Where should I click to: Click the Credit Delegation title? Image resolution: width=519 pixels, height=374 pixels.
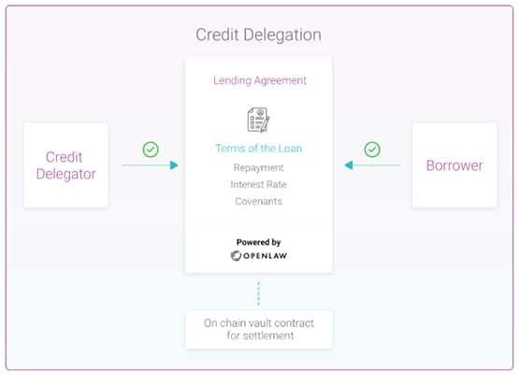click(258, 35)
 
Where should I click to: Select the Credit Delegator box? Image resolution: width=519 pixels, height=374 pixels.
click(65, 165)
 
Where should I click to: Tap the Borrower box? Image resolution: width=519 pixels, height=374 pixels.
click(454, 165)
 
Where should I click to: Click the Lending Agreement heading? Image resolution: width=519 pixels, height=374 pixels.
click(260, 80)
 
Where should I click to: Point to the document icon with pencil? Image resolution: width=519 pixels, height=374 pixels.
click(258, 120)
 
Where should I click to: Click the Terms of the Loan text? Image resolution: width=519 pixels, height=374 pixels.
click(258, 149)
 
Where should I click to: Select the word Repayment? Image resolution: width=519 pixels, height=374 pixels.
click(258, 167)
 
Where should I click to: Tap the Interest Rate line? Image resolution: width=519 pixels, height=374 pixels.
click(258, 184)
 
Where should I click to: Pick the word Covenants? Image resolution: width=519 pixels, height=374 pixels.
click(258, 201)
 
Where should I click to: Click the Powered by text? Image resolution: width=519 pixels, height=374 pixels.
click(258, 242)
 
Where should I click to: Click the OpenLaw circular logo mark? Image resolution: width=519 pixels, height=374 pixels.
click(236, 256)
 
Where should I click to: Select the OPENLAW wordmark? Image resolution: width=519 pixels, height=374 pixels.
click(266, 256)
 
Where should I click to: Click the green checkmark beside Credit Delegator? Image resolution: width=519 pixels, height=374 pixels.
click(151, 150)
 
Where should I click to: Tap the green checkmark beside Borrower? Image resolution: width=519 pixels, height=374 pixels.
click(372, 150)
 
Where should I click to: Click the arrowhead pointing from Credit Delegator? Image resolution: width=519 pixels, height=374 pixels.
click(174, 165)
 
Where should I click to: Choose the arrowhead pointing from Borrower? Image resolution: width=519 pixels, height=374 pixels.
click(349, 165)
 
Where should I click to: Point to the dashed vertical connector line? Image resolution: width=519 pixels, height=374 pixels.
click(258, 294)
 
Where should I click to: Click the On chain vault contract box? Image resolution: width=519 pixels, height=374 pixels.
click(259, 329)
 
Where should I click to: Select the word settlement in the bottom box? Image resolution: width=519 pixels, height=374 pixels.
click(268, 336)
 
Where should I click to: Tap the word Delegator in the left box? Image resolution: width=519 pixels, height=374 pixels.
click(65, 174)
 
